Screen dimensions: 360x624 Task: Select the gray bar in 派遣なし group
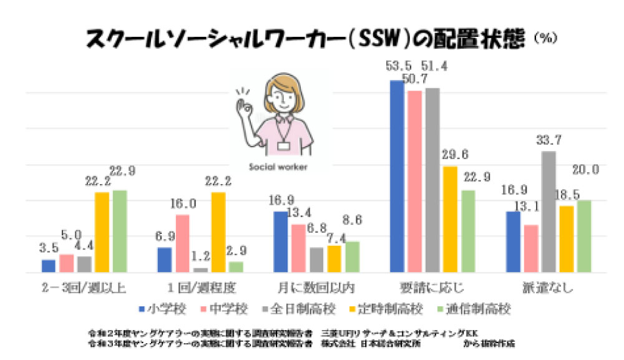(x=548, y=212)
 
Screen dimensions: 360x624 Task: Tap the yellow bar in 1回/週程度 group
(x=218, y=232)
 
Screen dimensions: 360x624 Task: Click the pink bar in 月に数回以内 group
(x=299, y=248)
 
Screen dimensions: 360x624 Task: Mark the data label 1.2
(x=201, y=256)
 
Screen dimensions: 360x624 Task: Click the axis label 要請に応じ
(x=432, y=288)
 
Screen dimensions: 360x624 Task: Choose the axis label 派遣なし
(x=548, y=288)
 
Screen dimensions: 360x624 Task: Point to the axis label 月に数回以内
(x=316, y=288)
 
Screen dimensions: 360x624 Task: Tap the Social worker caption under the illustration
(x=278, y=167)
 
